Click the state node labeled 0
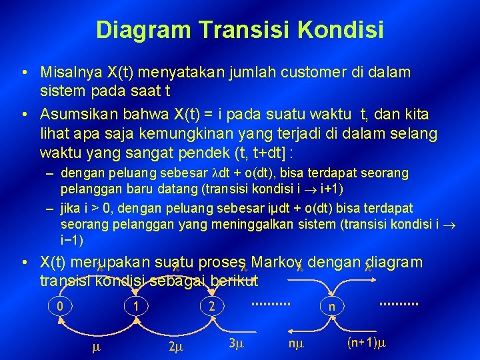(x=60, y=307)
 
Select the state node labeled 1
(x=135, y=307)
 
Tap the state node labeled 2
(x=211, y=307)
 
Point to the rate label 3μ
(x=236, y=344)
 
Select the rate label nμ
(x=295, y=345)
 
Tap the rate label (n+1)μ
(x=367, y=344)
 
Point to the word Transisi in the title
(x=239, y=29)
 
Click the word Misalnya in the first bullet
(x=69, y=71)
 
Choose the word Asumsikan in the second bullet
(x=75, y=115)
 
